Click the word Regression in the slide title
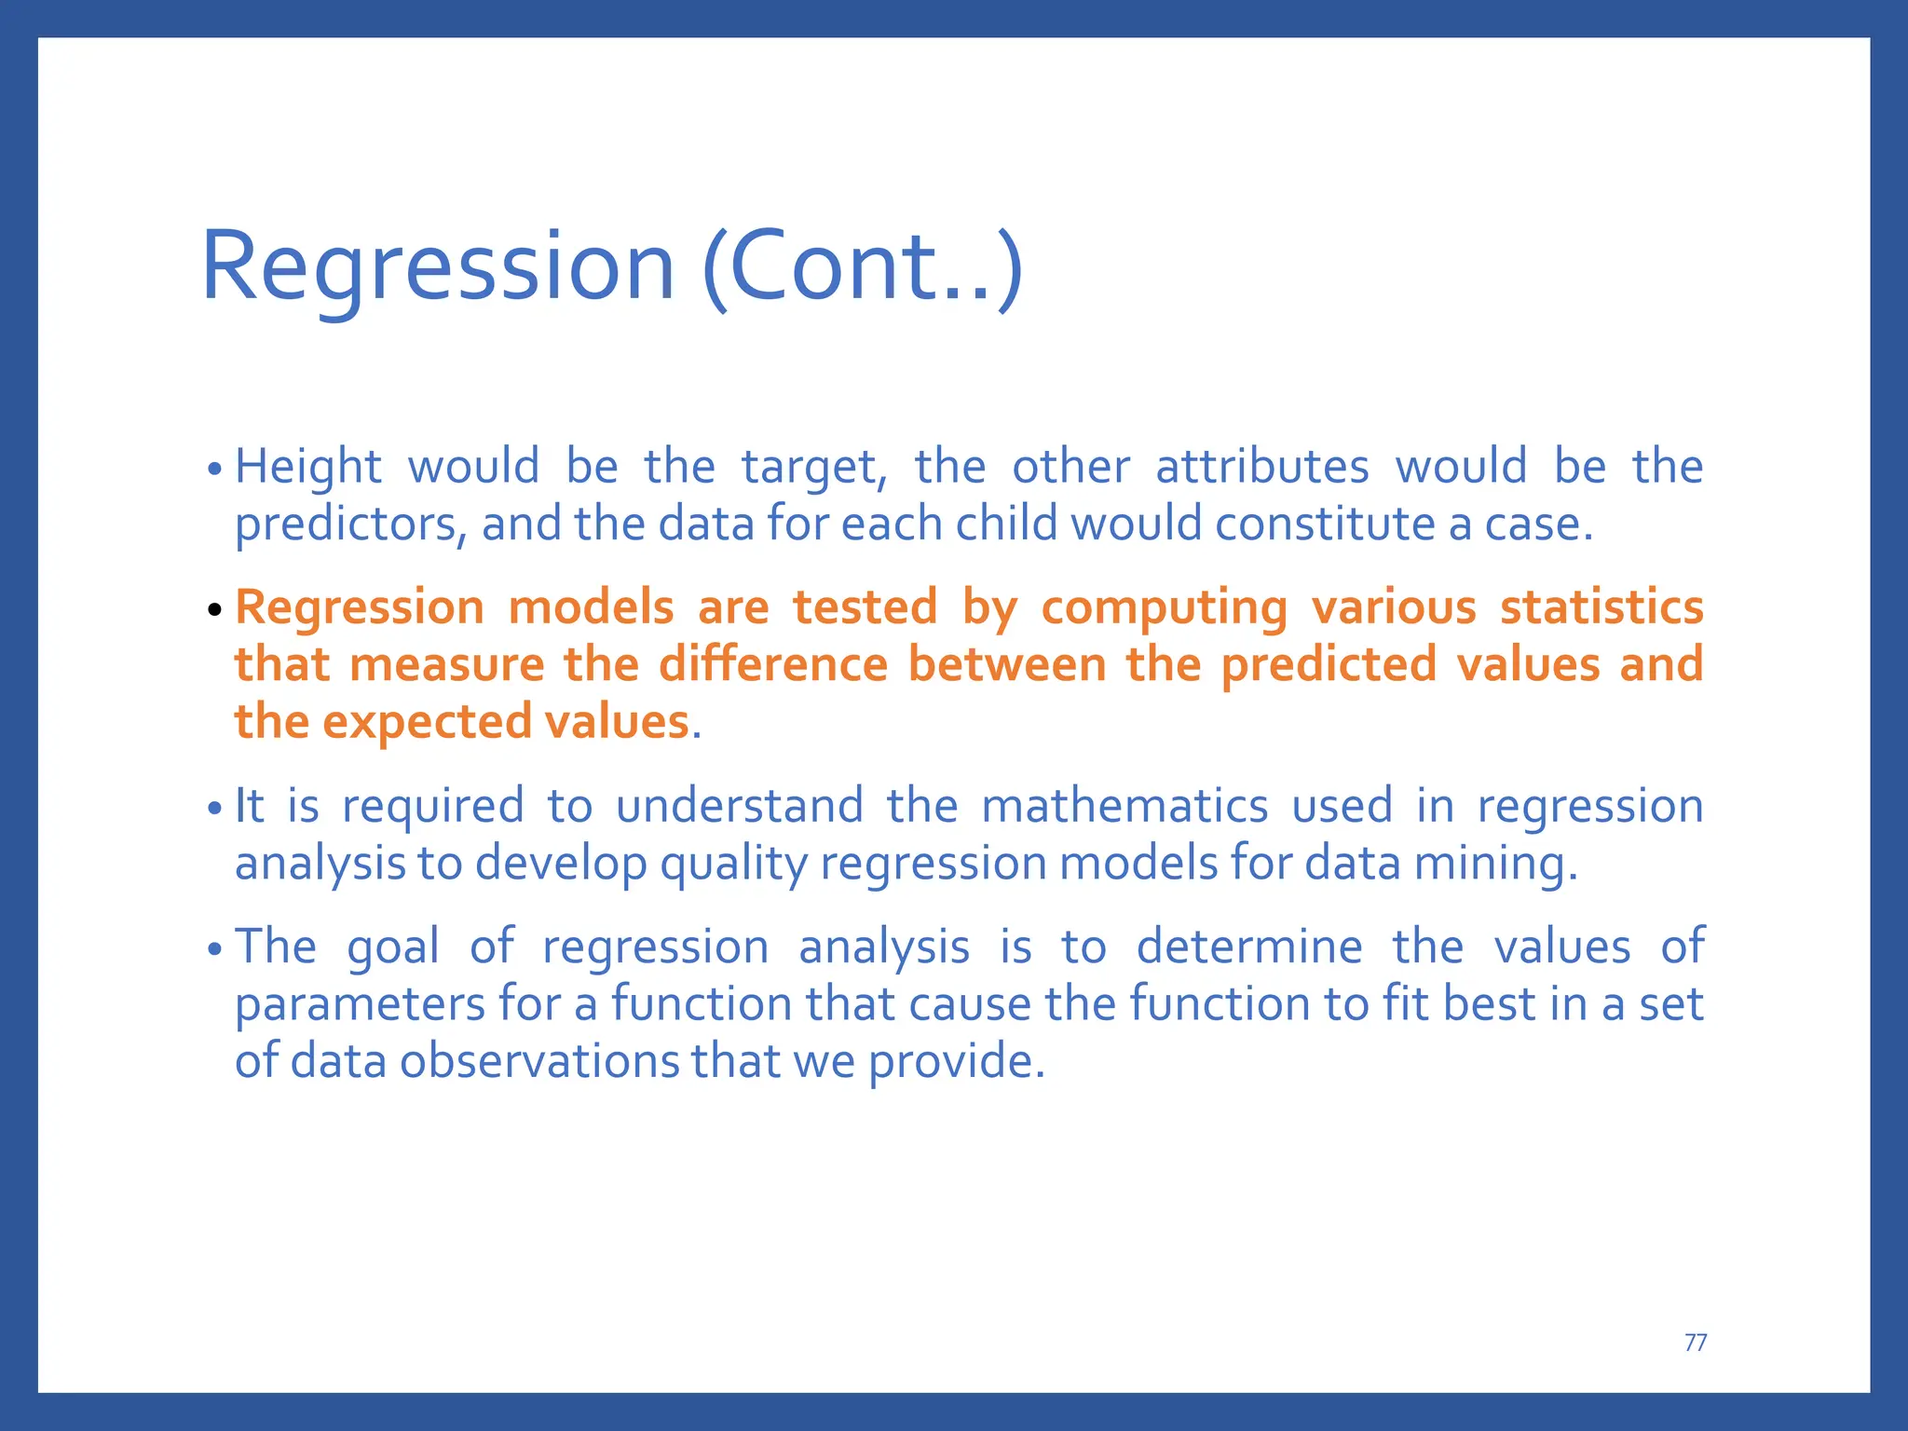click(x=437, y=268)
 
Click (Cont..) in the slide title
click(x=863, y=268)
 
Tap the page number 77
click(x=1696, y=1342)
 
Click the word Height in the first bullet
click(x=307, y=466)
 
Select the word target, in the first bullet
click(x=813, y=468)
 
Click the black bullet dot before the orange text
click(x=215, y=610)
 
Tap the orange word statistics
click(x=1601, y=607)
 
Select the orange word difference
click(x=773, y=665)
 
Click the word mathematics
click(x=1124, y=806)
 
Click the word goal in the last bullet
click(x=392, y=948)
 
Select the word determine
click(x=1249, y=947)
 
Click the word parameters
click(x=360, y=1005)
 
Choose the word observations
click(x=539, y=1061)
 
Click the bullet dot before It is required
click(x=215, y=808)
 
